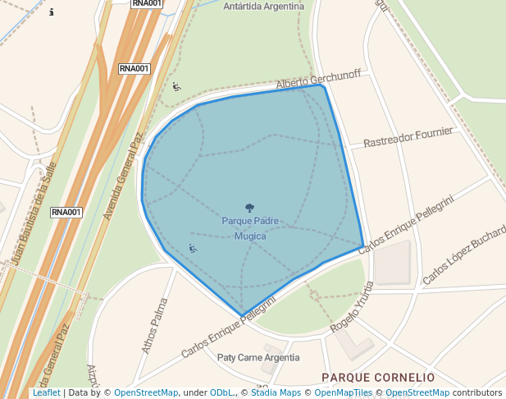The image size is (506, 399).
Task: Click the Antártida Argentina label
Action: (x=263, y=7)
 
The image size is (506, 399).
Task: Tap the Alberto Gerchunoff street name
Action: (x=318, y=80)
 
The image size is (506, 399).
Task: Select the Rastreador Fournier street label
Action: (x=408, y=137)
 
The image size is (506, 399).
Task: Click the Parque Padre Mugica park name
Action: (x=250, y=228)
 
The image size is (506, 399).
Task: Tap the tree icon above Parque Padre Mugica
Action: (x=250, y=209)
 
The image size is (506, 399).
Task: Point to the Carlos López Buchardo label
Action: (x=464, y=256)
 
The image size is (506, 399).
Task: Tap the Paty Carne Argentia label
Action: (x=258, y=358)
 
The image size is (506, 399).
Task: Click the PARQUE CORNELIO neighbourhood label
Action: (x=378, y=378)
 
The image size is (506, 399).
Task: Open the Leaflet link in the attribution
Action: (x=46, y=393)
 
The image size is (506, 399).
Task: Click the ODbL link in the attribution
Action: (x=221, y=393)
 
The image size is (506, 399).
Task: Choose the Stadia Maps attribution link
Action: (x=276, y=393)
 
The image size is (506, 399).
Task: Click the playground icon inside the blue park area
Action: (x=193, y=248)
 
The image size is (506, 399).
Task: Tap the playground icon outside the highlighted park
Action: (x=176, y=86)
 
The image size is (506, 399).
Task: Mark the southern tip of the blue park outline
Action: (x=242, y=314)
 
